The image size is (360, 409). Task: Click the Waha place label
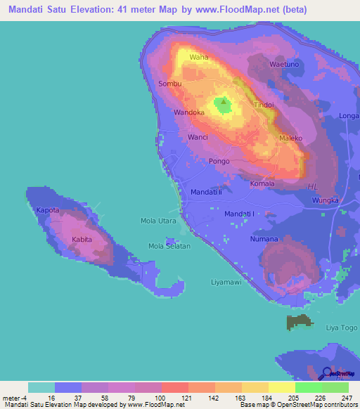click(199, 57)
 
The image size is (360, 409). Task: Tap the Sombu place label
click(170, 84)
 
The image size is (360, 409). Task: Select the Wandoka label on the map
click(189, 112)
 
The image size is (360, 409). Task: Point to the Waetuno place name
click(285, 65)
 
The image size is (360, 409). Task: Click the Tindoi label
click(264, 105)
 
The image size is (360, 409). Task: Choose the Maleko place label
click(290, 138)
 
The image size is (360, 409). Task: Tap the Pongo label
click(219, 162)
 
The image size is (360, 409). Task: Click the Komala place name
click(262, 184)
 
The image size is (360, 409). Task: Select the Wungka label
click(326, 201)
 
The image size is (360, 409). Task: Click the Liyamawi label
click(226, 282)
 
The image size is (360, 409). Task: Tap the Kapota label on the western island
click(48, 211)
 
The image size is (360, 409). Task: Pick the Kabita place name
click(83, 240)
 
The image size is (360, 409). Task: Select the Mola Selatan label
click(169, 246)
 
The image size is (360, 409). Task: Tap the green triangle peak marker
click(224, 101)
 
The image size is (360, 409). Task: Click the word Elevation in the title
click(105, 10)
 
